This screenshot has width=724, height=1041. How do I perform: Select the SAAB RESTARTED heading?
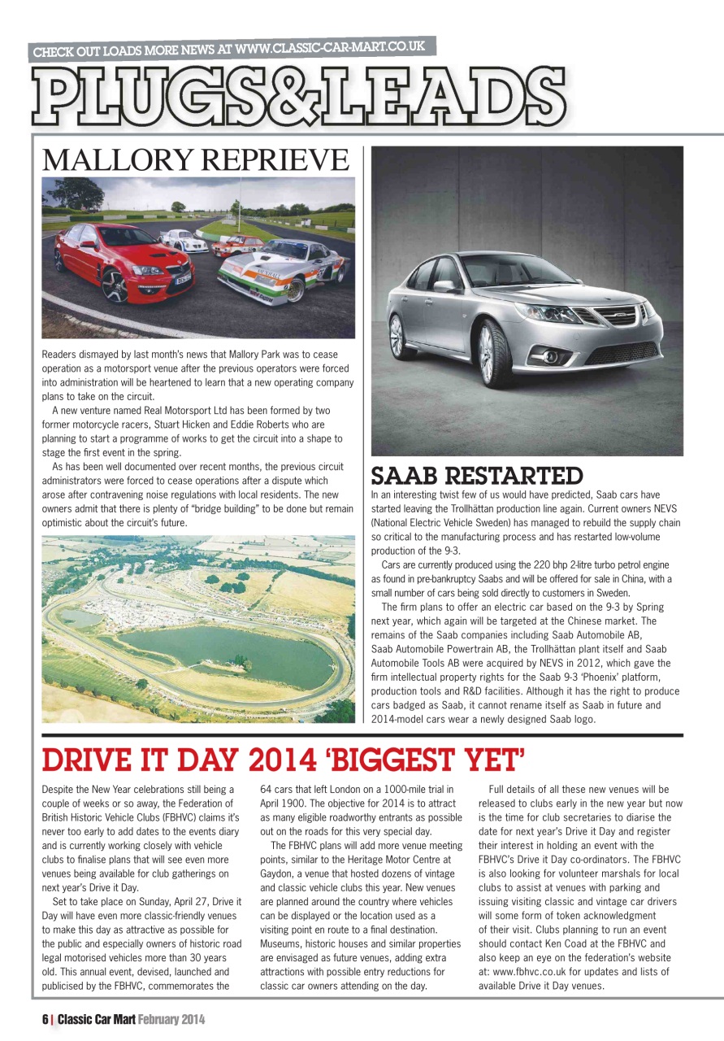(x=477, y=475)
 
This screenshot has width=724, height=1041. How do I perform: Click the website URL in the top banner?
(x=330, y=48)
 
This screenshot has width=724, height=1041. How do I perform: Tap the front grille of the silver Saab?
(x=615, y=316)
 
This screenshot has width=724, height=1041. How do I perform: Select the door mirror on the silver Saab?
(x=445, y=286)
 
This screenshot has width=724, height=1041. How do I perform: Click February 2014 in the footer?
(x=171, y=1019)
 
